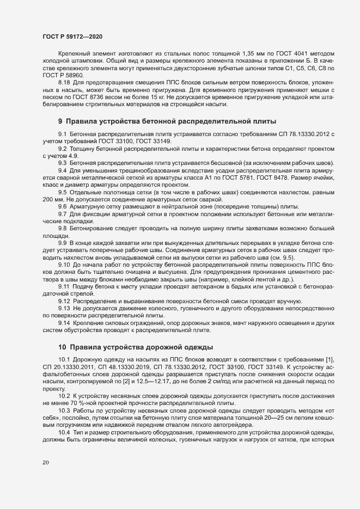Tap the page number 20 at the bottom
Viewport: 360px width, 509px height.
click(x=46, y=462)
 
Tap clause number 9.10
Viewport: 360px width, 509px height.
click(x=64, y=265)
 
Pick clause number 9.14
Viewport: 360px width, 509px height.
click(x=64, y=323)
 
